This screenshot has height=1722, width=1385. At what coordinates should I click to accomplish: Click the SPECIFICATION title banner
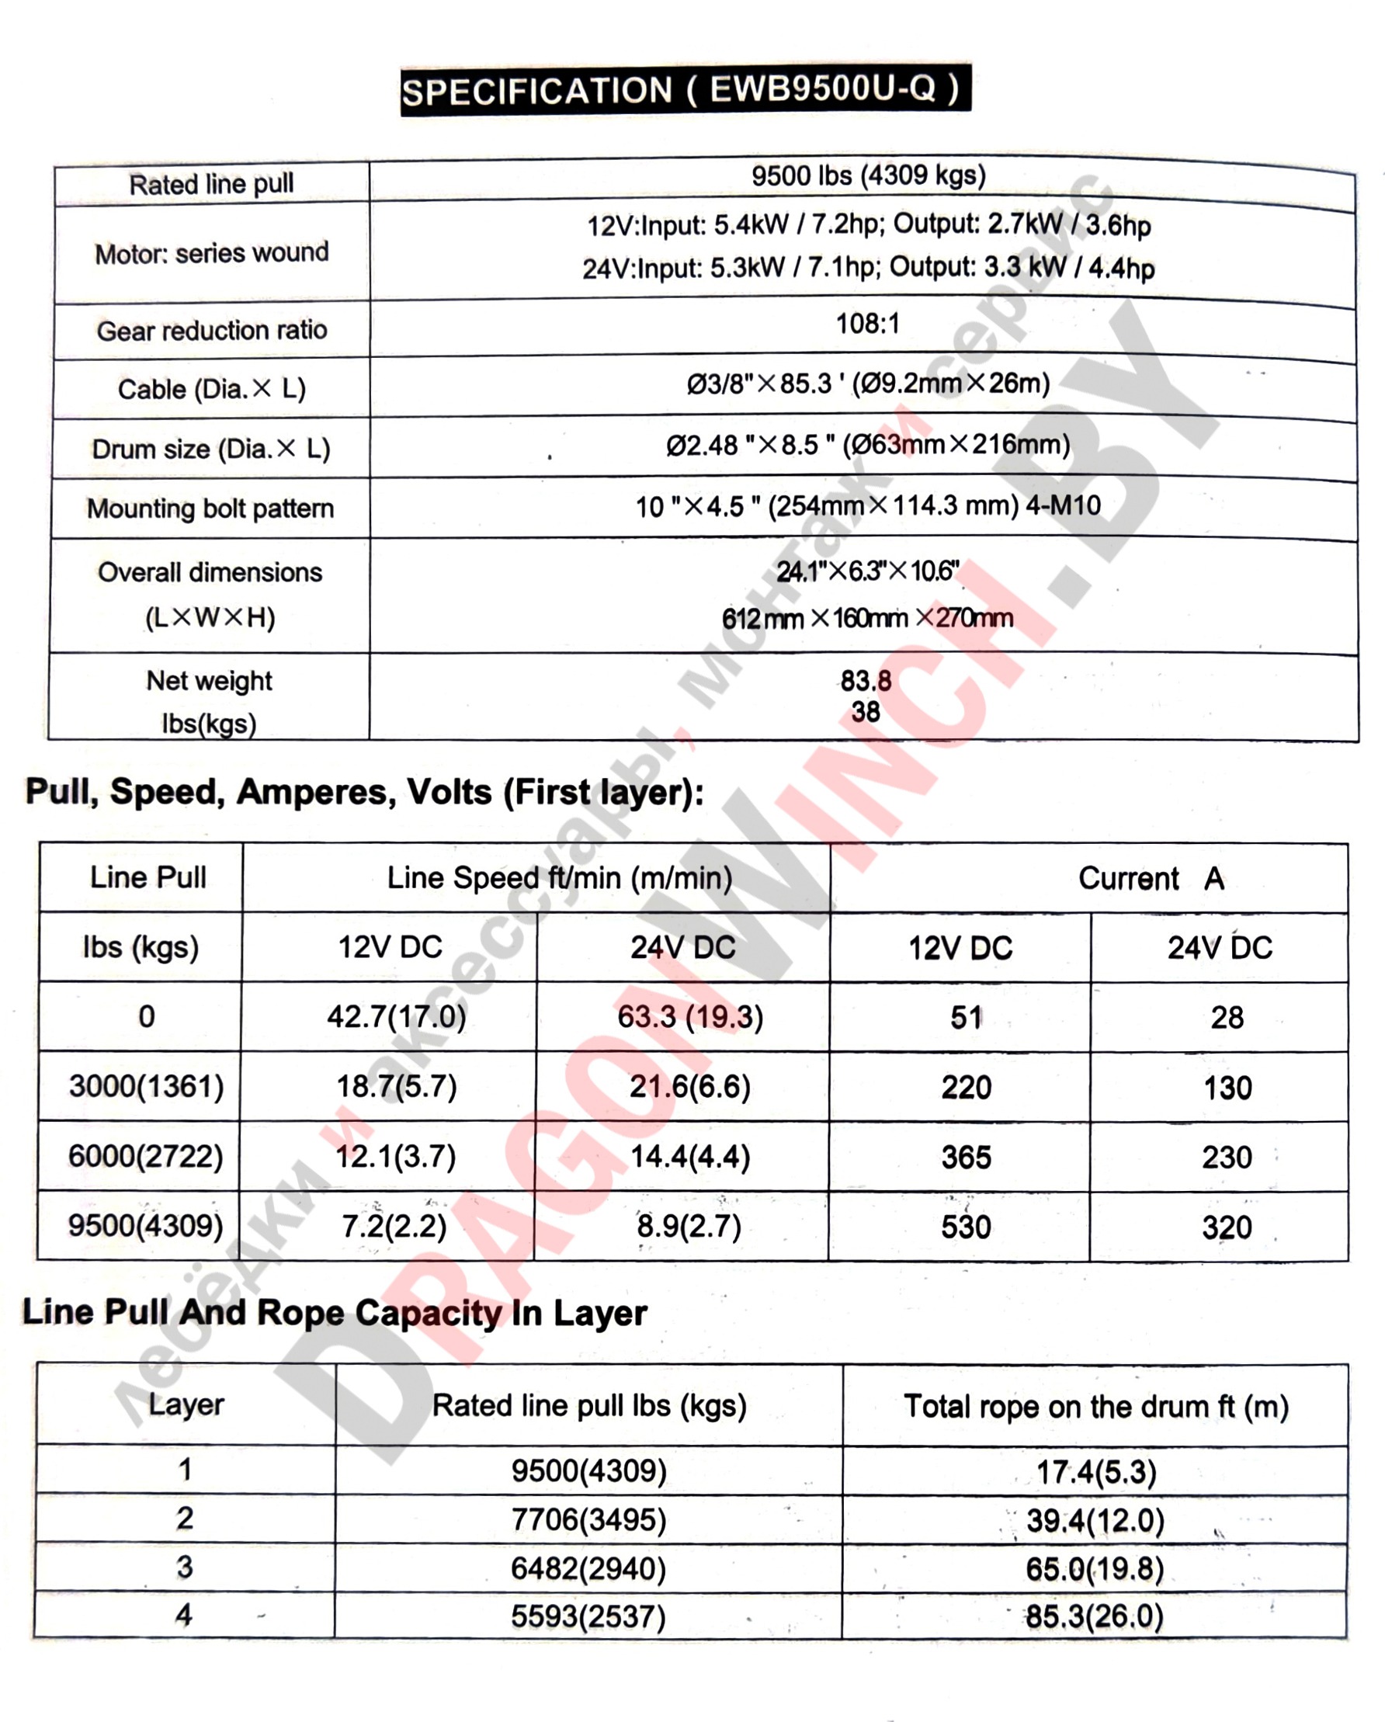(x=686, y=89)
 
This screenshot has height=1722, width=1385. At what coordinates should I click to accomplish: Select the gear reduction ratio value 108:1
(x=867, y=325)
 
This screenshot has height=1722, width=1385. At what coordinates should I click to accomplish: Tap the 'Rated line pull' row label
(x=212, y=185)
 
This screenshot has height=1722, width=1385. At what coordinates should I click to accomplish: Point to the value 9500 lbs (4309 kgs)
(x=868, y=175)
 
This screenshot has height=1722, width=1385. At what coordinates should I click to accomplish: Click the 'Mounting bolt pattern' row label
(x=210, y=509)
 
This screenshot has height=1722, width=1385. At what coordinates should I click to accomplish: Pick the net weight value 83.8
(x=866, y=682)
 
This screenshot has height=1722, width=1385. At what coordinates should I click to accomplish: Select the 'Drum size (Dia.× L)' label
(x=211, y=449)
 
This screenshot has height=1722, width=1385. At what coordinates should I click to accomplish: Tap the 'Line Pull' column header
(x=148, y=877)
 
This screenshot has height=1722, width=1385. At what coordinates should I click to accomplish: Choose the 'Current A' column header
(x=1151, y=879)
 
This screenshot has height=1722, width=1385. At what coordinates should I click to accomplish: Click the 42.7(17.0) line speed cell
(x=396, y=1017)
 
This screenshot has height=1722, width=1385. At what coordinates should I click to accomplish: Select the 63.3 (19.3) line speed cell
(x=690, y=1017)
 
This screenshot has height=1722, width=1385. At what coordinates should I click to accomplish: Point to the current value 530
(x=966, y=1227)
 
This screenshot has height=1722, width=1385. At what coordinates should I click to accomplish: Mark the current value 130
(x=1227, y=1088)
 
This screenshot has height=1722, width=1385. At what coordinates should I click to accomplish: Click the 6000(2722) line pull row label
(x=145, y=1157)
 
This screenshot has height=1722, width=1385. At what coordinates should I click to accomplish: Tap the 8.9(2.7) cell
(x=689, y=1226)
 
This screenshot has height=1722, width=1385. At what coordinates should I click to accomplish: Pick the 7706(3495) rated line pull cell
(x=588, y=1519)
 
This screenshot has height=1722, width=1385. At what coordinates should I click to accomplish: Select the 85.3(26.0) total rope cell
(x=1095, y=1616)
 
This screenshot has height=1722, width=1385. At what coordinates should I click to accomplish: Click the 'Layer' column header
(x=186, y=1404)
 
